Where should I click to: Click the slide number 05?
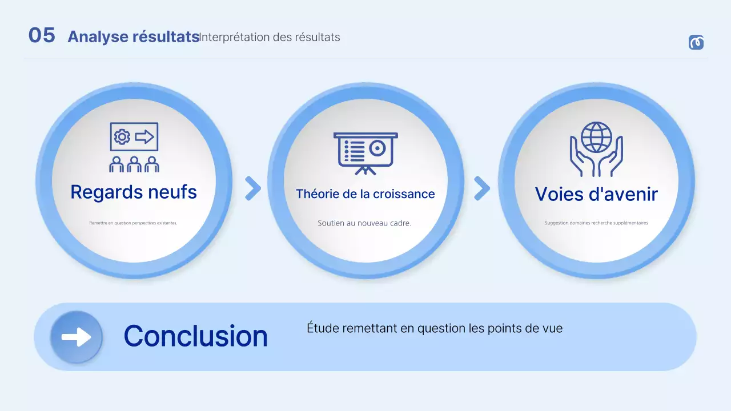pos(42,35)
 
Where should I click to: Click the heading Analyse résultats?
pos(133,37)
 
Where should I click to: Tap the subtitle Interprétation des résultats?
pos(270,37)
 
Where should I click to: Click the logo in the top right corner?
pos(696,42)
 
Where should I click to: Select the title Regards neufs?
pos(134,192)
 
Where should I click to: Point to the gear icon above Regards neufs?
pos(122,137)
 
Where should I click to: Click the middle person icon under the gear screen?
pos(134,164)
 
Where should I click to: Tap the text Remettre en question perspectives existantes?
pos(133,223)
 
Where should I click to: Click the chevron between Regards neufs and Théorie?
pos(252,188)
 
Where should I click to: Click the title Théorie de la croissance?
pos(365,194)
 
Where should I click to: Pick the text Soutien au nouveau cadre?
pos(364,223)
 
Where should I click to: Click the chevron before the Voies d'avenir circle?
pos(481,188)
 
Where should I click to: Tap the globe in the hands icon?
pos(596,137)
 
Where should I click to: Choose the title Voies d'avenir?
pos(596,194)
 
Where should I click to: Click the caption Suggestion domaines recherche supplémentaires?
pos(596,223)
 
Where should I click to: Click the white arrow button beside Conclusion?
pos(77,337)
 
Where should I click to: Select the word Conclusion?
pos(195,336)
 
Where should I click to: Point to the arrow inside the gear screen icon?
pos(144,137)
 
